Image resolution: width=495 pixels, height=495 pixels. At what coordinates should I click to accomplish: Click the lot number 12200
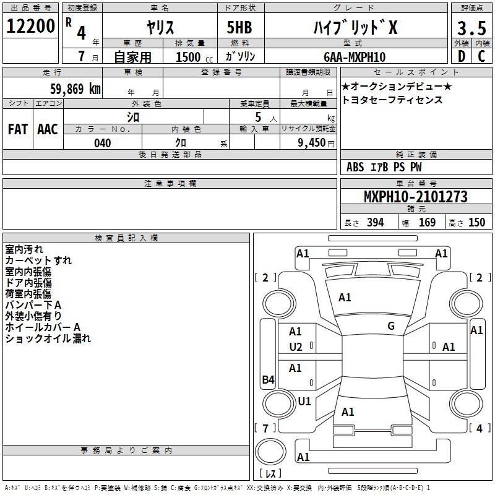(x=30, y=26)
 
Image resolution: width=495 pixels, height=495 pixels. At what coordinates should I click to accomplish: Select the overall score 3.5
(x=471, y=28)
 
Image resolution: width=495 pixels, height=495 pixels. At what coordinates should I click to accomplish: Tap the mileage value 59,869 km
(x=75, y=89)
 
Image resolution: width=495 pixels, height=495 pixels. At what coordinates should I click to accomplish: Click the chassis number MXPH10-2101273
(x=416, y=196)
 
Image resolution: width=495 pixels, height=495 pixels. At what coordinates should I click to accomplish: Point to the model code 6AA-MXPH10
(x=355, y=57)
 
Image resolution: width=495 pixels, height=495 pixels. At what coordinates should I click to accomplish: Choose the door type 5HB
(x=239, y=27)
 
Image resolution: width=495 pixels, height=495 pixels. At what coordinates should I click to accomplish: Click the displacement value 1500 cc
(x=194, y=57)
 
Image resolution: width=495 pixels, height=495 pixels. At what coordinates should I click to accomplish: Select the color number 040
(x=102, y=143)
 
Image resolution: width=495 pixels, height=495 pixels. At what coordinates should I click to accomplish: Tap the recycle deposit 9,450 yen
(x=316, y=143)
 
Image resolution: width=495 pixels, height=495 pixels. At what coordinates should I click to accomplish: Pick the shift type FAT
(x=18, y=129)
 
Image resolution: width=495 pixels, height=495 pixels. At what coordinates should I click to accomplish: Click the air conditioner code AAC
(x=48, y=129)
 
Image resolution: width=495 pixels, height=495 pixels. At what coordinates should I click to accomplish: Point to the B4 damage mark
(x=269, y=379)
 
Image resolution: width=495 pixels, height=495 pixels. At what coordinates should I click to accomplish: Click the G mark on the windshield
(x=391, y=326)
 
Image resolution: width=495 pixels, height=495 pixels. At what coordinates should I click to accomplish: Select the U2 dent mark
(x=296, y=347)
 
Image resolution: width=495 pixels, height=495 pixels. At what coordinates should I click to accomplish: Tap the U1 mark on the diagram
(x=304, y=401)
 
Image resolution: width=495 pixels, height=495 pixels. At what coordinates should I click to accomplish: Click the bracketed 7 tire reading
(x=265, y=428)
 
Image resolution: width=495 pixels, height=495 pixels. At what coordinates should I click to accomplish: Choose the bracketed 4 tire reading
(x=480, y=428)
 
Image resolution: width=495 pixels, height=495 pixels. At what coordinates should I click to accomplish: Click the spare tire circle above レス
(x=270, y=452)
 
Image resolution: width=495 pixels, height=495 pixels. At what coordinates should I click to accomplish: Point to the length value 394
(x=375, y=222)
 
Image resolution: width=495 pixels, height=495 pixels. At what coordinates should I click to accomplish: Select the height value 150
(x=476, y=222)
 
